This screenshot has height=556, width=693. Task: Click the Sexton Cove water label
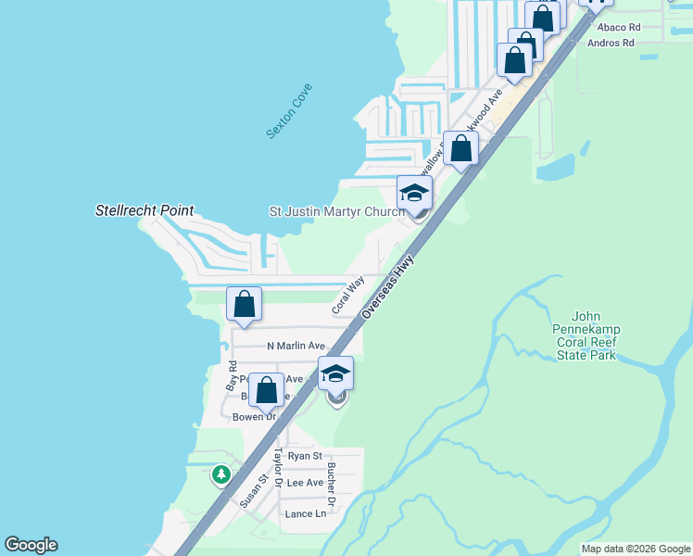tap(290, 112)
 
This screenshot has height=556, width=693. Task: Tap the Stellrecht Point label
tap(145, 210)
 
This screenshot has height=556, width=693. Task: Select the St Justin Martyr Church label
tap(336, 211)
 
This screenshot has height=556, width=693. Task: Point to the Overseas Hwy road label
tap(387, 289)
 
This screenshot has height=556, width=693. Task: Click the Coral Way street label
tap(348, 295)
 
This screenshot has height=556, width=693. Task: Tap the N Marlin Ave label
tap(296, 346)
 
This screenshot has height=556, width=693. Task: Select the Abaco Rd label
tap(620, 28)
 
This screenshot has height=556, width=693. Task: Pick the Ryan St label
tap(305, 456)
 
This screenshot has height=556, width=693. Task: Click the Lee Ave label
tap(305, 483)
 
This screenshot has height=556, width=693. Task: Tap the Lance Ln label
tap(306, 513)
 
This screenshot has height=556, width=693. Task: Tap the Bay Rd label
tap(233, 374)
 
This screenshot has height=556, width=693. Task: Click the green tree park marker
tap(220, 475)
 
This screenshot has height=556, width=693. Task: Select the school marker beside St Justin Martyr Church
tap(414, 194)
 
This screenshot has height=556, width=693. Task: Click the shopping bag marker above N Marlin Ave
tap(244, 305)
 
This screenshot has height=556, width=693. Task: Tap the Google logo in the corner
tap(31, 545)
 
